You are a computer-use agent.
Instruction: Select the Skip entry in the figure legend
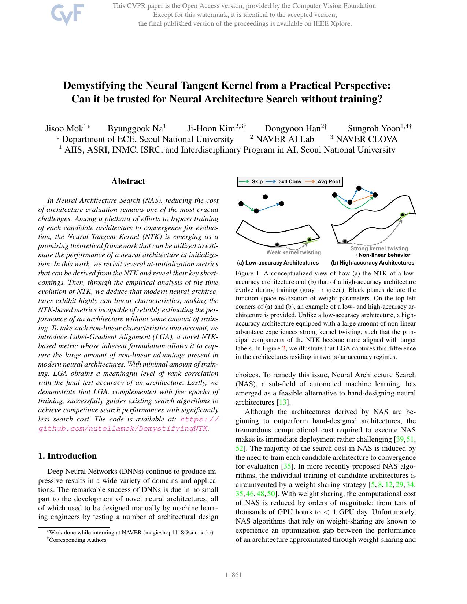(x=257, y=181)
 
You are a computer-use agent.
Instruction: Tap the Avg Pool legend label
(x=329, y=181)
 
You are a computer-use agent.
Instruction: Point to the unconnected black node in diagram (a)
(x=265, y=197)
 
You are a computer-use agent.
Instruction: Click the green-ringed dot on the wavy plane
(x=403, y=215)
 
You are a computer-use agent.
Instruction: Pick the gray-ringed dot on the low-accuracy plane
(x=277, y=245)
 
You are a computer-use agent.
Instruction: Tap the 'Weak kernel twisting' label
(x=293, y=252)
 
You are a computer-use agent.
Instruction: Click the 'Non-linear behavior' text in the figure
(x=384, y=255)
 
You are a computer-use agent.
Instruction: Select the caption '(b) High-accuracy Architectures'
(x=373, y=263)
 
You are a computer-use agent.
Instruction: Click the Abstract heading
(x=128, y=181)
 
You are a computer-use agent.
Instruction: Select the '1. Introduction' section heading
(x=67, y=456)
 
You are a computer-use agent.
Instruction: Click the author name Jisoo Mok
(x=64, y=128)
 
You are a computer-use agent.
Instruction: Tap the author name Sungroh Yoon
(x=374, y=128)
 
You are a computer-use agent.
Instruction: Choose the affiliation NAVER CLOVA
(x=366, y=139)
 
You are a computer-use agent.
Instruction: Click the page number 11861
(x=233, y=575)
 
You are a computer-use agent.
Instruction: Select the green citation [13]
(x=283, y=402)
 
